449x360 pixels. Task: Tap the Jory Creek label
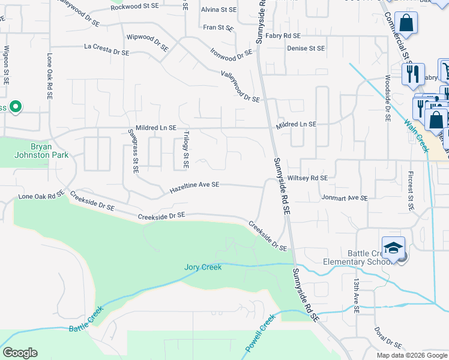[203, 267]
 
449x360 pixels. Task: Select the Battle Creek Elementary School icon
[393, 248]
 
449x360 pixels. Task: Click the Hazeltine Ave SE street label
[194, 188]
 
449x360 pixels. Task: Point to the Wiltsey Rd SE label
[307, 178]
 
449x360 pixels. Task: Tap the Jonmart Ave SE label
[344, 197]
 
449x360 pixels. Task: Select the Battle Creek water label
[86, 321]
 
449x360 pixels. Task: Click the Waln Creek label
[416, 136]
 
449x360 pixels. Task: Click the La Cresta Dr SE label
[107, 49]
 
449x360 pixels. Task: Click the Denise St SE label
[306, 49]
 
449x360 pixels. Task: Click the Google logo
[20, 353]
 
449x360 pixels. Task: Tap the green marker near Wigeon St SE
[16, 107]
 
